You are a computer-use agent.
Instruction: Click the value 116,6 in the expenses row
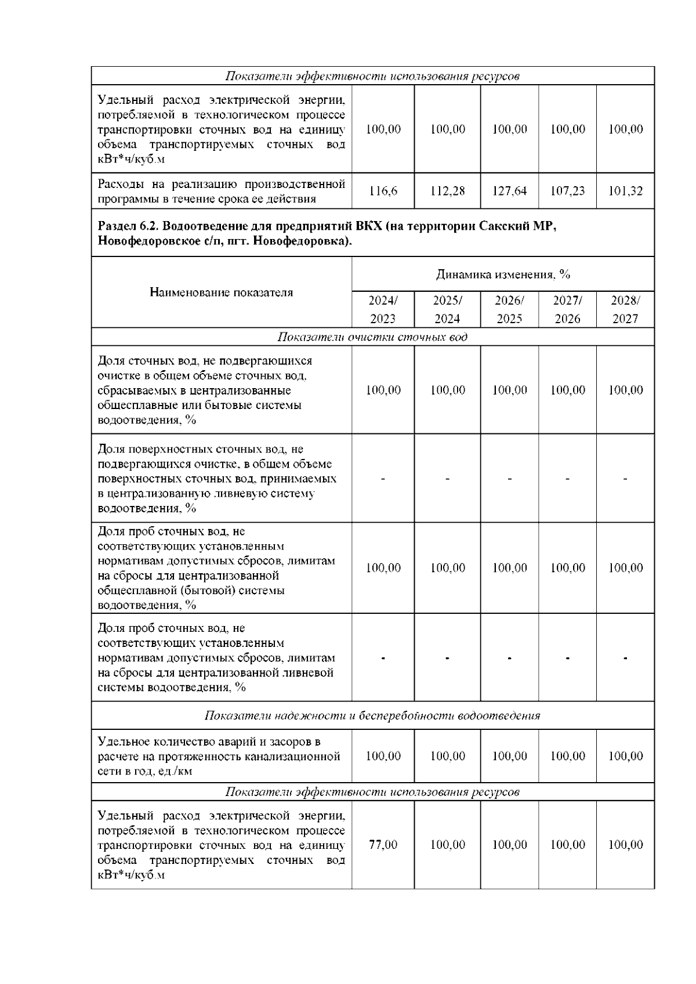(383, 191)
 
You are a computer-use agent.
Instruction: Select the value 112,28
(447, 191)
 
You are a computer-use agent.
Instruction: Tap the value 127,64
(509, 191)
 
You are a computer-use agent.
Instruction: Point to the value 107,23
(567, 191)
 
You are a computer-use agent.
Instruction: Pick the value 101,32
(625, 191)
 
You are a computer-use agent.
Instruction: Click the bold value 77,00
(383, 845)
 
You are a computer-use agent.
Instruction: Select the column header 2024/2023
(383, 309)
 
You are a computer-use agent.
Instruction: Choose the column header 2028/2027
(625, 309)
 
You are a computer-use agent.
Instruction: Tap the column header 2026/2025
(509, 309)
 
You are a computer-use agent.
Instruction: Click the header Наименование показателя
(221, 292)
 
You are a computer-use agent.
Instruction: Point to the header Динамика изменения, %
(503, 274)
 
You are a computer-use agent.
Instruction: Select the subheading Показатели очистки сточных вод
(372, 337)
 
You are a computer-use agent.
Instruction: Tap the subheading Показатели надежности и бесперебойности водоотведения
(372, 716)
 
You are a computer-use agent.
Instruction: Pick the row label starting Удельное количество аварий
(219, 757)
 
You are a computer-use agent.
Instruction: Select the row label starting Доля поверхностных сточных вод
(217, 479)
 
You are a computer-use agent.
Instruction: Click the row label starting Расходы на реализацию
(221, 191)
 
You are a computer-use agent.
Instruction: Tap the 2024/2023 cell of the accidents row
(383, 757)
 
